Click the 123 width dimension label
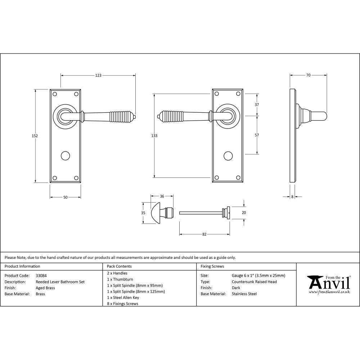coord(98,76)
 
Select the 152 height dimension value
coord(35,136)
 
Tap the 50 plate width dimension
coord(65,197)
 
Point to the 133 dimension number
coord(154,136)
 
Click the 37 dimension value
coord(257,105)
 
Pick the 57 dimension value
coord(257,135)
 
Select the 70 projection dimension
coord(308,76)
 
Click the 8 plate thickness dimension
coord(292,197)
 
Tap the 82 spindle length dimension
coord(204,234)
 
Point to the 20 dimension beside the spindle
coord(244,213)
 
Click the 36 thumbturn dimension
coord(162,196)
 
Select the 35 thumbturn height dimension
coord(143,213)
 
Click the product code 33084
coord(41,276)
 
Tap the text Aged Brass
coord(45,288)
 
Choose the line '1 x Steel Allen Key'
coord(123,297)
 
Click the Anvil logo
coord(328,284)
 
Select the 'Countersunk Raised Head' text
coord(254,282)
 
